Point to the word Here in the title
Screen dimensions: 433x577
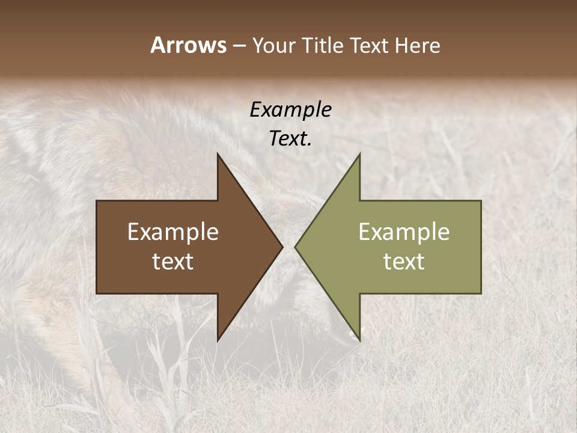pyautogui.click(x=418, y=45)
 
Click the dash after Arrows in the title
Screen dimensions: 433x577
pyautogui.click(x=239, y=46)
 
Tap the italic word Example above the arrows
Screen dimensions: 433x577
pyautogui.click(x=290, y=109)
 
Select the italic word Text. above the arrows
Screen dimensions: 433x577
pyautogui.click(x=290, y=139)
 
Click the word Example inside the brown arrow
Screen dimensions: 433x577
pyautogui.click(x=173, y=232)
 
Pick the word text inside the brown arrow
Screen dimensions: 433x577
pyautogui.click(x=173, y=262)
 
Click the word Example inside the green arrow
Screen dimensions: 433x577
pyautogui.click(x=404, y=232)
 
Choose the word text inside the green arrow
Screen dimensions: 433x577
pyautogui.click(x=404, y=262)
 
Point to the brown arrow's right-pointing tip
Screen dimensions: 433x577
pyautogui.click(x=282, y=247)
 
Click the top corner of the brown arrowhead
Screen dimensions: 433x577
pyautogui.click(x=218, y=154)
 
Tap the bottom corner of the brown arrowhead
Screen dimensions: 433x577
pyautogui.click(x=218, y=340)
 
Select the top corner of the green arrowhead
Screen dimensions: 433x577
pyautogui.click(x=359, y=154)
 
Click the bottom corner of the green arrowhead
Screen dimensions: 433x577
pyautogui.click(x=359, y=340)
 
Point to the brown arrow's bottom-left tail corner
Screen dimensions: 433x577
pyautogui.click(x=97, y=293)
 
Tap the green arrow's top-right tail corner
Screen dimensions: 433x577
pyautogui.click(x=481, y=201)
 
